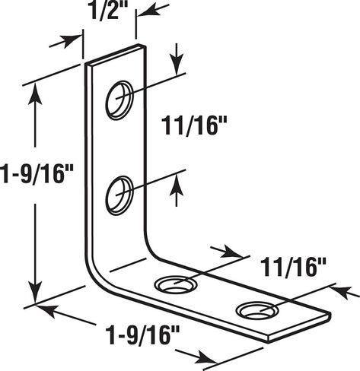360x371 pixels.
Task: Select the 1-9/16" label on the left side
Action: coord(36,174)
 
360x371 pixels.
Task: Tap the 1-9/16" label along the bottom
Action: coord(142,335)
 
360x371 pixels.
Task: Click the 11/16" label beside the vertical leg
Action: coord(194,125)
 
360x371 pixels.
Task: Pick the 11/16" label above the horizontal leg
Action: coord(293,267)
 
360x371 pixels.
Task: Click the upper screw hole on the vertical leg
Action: coord(119,100)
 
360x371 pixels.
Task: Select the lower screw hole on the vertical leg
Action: coord(119,195)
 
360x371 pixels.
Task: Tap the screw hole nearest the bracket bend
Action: coord(177,285)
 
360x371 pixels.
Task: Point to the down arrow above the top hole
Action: coord(177,59)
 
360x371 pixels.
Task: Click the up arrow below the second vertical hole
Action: coord(177,191)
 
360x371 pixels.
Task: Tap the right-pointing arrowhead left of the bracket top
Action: coord(69,40)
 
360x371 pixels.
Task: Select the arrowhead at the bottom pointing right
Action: coord(206,357)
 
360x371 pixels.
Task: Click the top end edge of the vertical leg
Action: coord(116,55)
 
